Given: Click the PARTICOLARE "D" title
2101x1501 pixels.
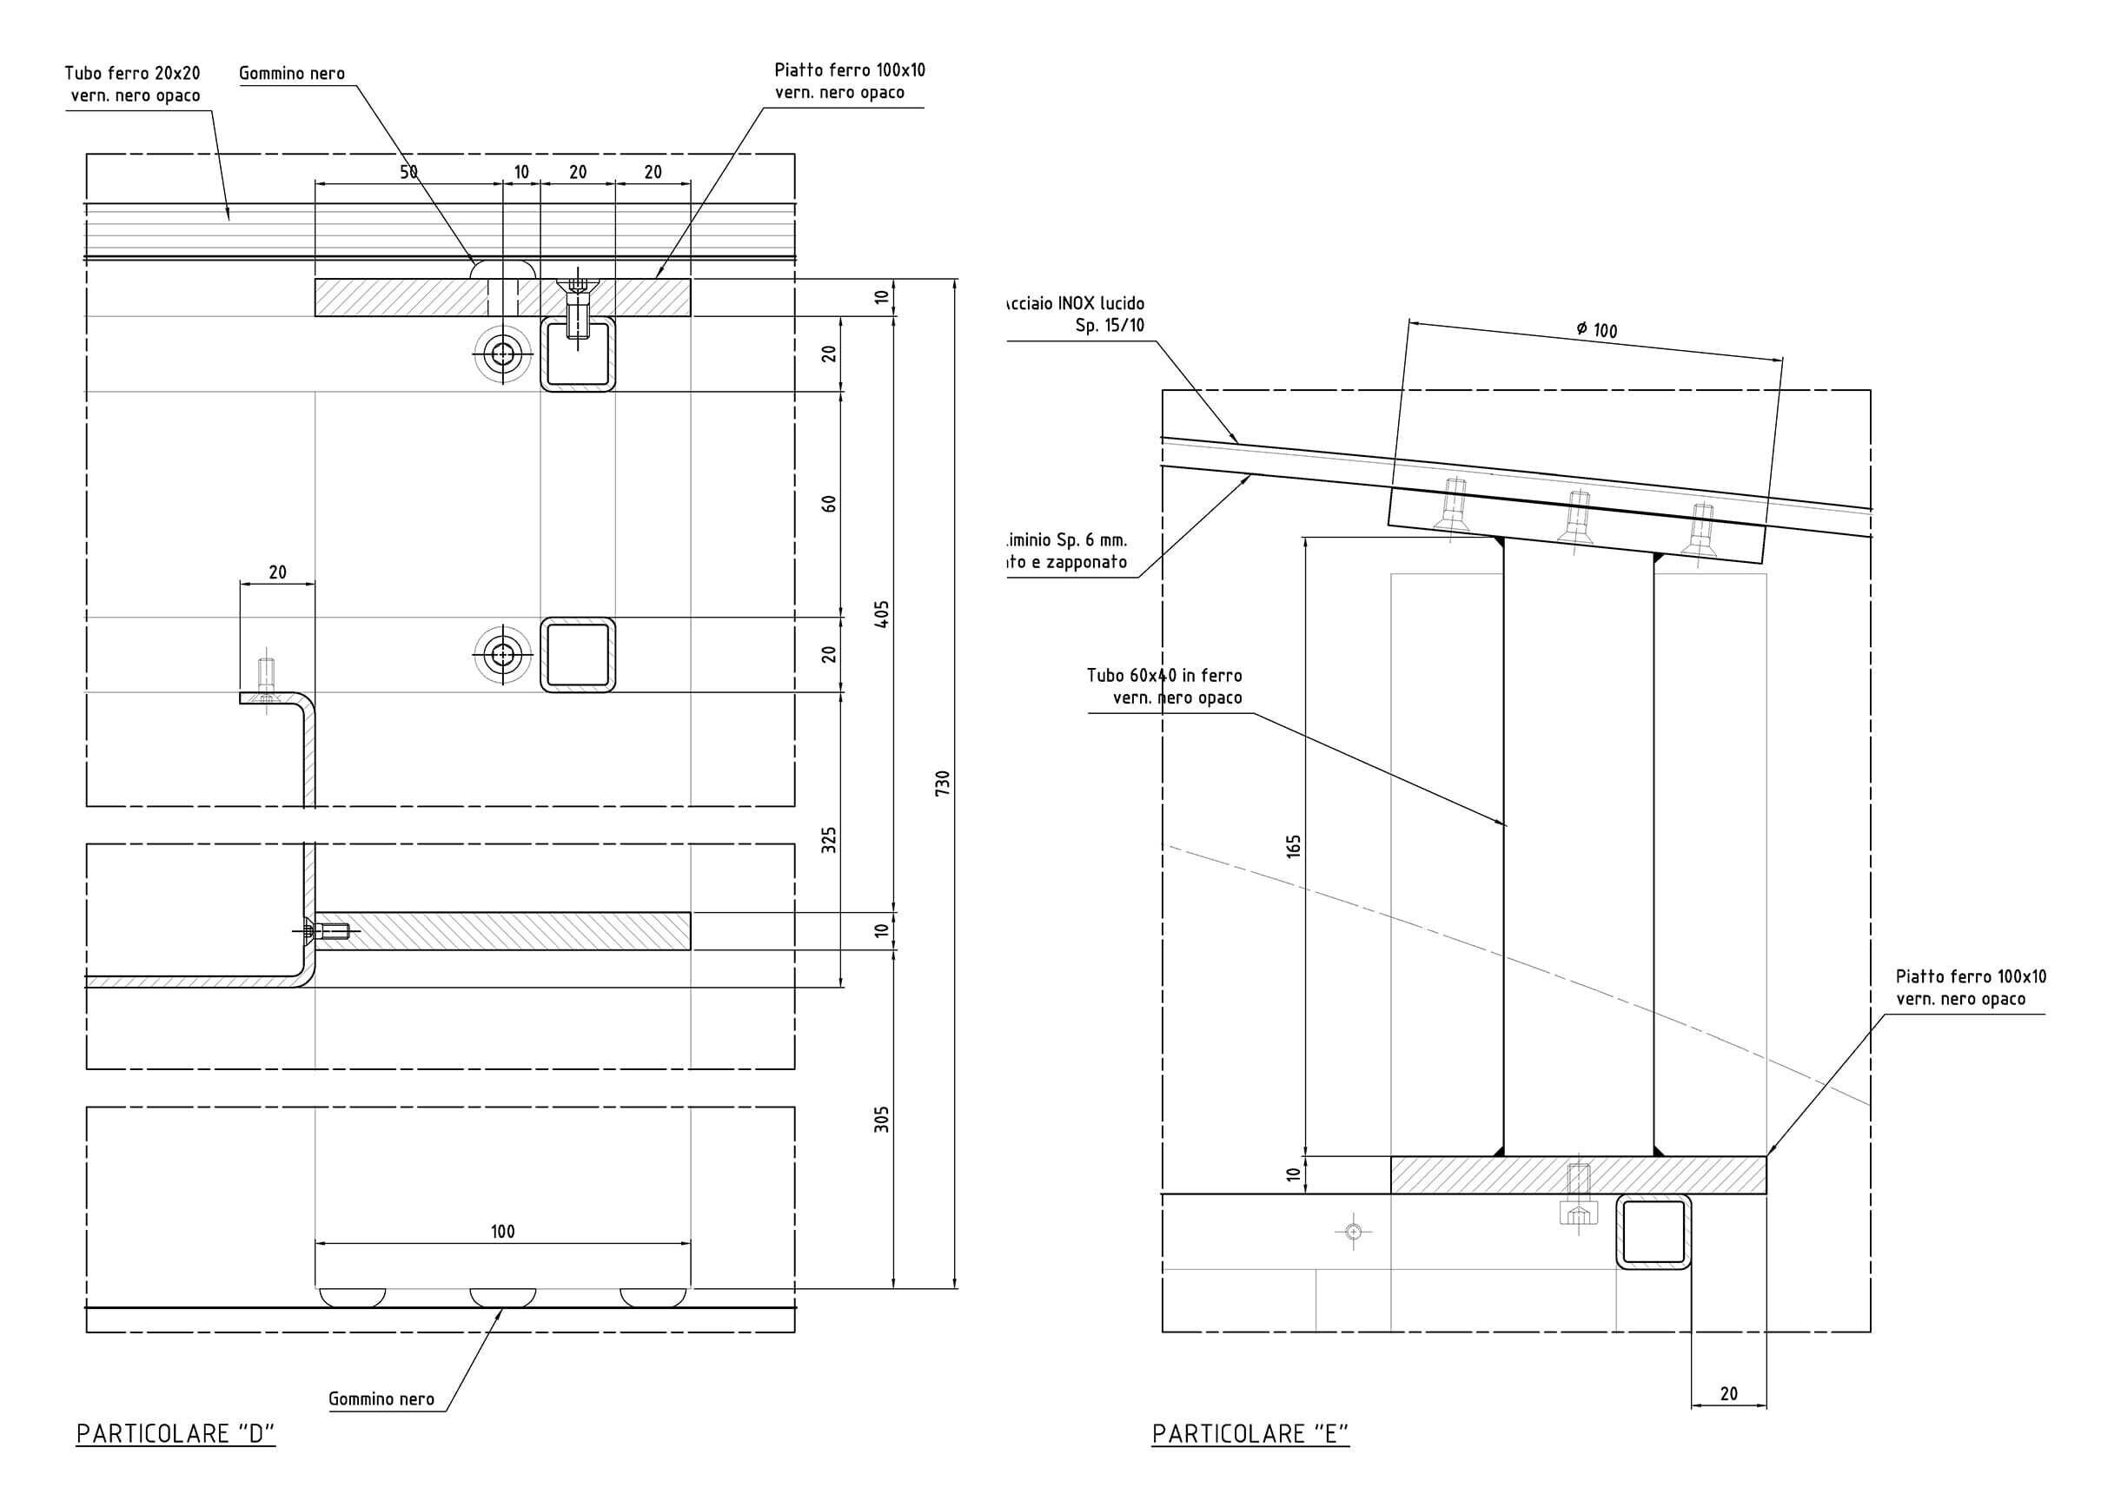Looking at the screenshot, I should (x=176, y=1433).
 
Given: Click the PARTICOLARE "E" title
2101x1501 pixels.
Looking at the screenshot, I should (x=1249, y=1433).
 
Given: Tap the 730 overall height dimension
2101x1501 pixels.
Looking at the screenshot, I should (x=942, y=783).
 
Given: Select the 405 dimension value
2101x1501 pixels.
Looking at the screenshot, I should (x=882, y=614).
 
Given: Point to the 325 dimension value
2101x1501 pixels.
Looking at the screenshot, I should (x=829, y=839).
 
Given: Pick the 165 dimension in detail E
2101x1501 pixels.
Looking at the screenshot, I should (x=1293, y=846).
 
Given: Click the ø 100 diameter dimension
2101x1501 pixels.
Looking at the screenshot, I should (x=1596, y=330).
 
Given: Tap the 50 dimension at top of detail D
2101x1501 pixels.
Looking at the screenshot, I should (x=408, y=172).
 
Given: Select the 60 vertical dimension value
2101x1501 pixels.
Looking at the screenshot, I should (x=829, y=504).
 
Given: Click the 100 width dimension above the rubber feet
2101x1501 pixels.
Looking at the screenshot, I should (x=502, y=1231).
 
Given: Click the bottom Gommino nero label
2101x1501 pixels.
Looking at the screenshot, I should (x=381, y=1399).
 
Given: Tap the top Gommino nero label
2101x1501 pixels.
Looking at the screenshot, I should (x=291, y=73).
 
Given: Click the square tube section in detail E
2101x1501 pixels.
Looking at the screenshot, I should (x=1653, y=1231).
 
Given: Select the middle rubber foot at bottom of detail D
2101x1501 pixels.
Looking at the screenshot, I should (x=503, y=1297).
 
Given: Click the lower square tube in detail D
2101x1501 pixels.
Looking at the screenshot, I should (x=578, y=654).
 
